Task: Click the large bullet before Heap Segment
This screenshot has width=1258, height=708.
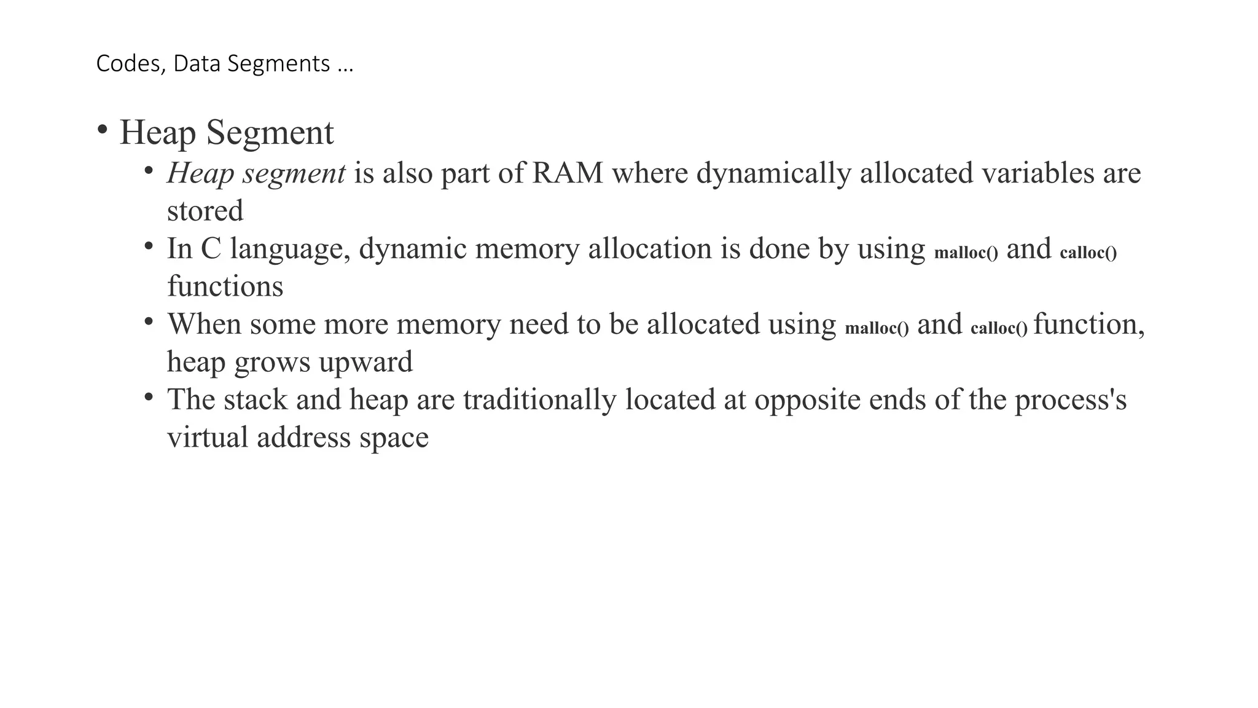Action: pos(103,130)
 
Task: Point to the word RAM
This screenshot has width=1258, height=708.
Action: pos(568,173)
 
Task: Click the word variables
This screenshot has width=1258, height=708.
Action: pos(1037,173)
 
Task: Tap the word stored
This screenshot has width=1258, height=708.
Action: pos(205,211)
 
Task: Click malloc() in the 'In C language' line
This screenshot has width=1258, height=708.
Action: pos(966,252)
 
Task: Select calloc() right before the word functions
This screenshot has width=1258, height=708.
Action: pos(1088,252)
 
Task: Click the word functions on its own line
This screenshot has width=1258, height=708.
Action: pos(225,286)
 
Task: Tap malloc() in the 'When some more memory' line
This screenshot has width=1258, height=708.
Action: pos(877,328)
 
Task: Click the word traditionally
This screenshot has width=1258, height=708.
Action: pos(539,399)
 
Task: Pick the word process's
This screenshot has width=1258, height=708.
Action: pos(1070,400)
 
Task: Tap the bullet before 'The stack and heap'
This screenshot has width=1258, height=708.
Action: pos(148,397)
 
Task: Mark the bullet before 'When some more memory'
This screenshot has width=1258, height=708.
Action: pos(148,321)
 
